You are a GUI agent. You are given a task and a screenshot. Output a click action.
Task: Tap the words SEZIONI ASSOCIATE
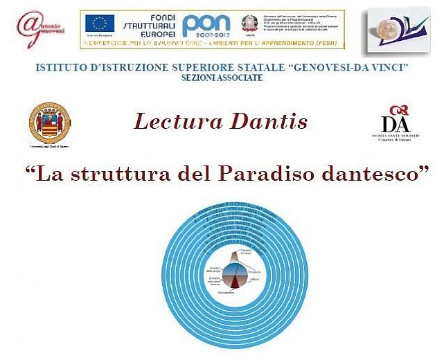222,78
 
